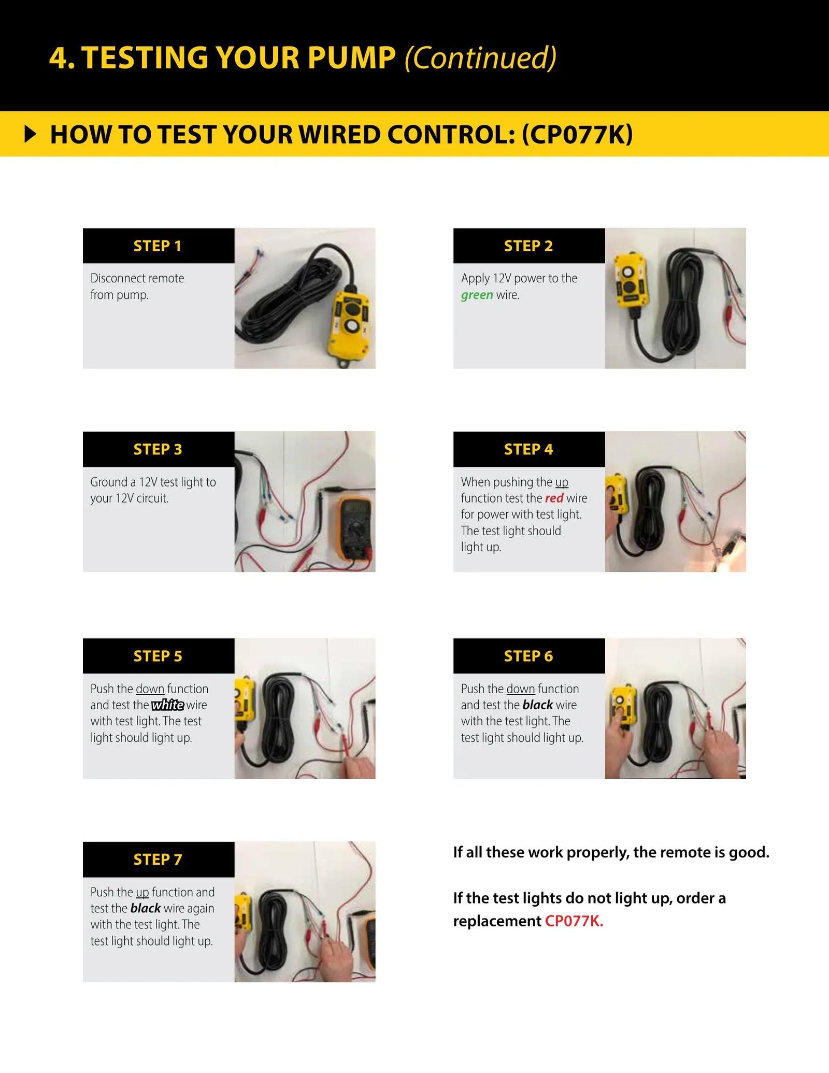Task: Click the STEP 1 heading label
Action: (x=158, y=246)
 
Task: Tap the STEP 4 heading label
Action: (x=528, y=449)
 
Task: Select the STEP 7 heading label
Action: (x=158, y=860)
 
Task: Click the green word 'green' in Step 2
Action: (x=477, y=295)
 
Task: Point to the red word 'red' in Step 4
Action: (x=554, y=498)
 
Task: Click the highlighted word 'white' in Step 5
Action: (x=167, y=705)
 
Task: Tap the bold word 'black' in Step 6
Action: (x=538, y=705)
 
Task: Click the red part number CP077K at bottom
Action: (x=574, y=921)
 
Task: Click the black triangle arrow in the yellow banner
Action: (x=31, y=134)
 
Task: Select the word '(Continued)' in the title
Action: (x=480, y=58)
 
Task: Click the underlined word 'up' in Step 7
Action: (x=142, y=892)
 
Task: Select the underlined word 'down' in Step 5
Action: (x=150, y=689)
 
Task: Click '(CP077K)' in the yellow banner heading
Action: (x=577, y=134)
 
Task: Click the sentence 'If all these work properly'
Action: (x=611, y=852)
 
